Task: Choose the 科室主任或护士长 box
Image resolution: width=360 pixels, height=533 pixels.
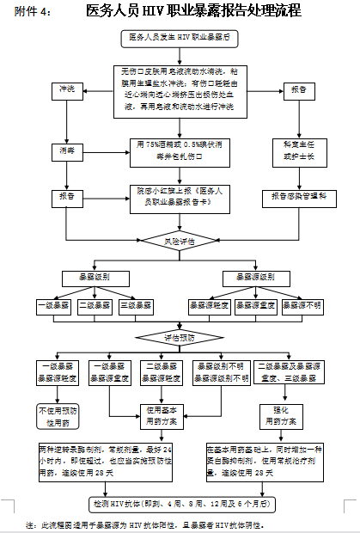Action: coord(295,150)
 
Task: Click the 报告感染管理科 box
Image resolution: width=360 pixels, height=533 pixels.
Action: coord(295,196)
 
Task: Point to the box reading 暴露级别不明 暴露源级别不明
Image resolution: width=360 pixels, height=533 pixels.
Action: coord(221,371)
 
